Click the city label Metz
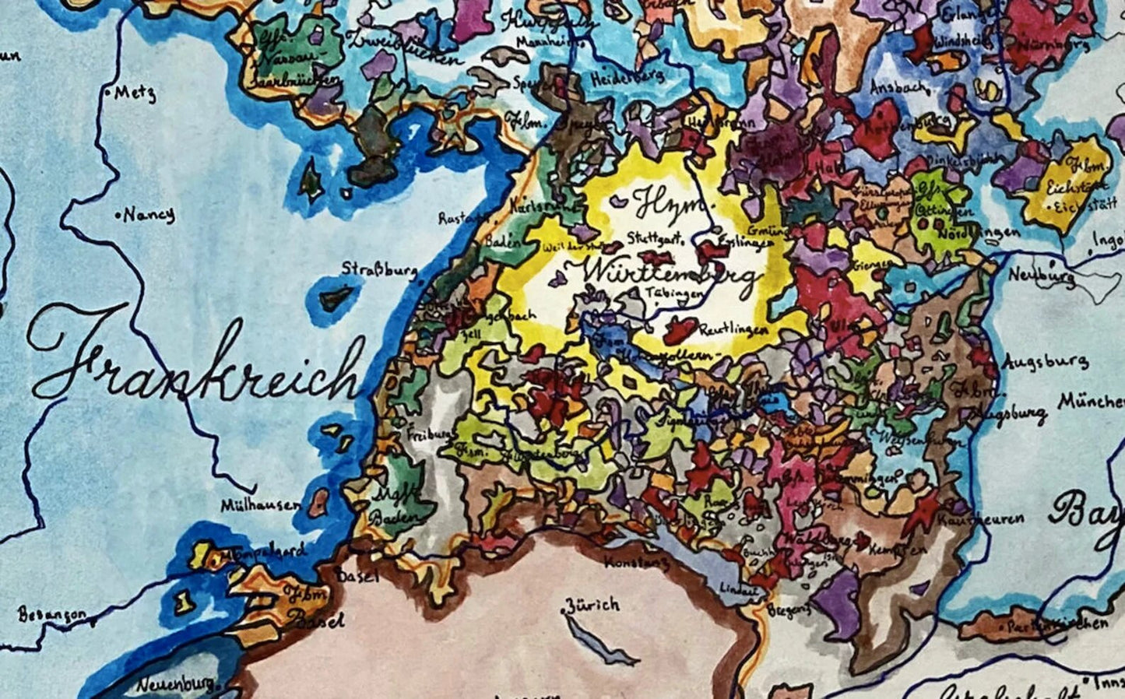click(x=135, y=93)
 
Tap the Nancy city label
click(x=148, y=214)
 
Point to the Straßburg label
click(x=379, y=269)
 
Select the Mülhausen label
click(x=259, y=505)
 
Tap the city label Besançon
click(x=52, y=615)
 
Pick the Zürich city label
click(x=592, y=604)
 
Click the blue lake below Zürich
click(x=599, y=642)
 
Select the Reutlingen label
click(x=734, y=330)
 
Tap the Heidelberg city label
click(x=626, y=77)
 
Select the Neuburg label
click(x=1042, y=275)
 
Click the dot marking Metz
click(x=108, y=92)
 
